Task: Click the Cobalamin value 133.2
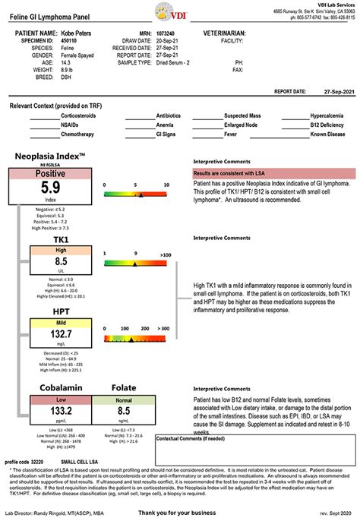click(x=62, y=410)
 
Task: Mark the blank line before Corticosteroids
click(x=44, y=115)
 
